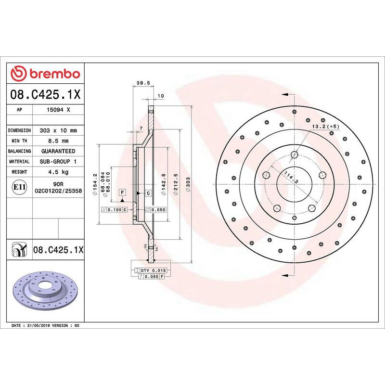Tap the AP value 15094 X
point(58,110)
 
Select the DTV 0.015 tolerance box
point(153,271)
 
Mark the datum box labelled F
point(123,192)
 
